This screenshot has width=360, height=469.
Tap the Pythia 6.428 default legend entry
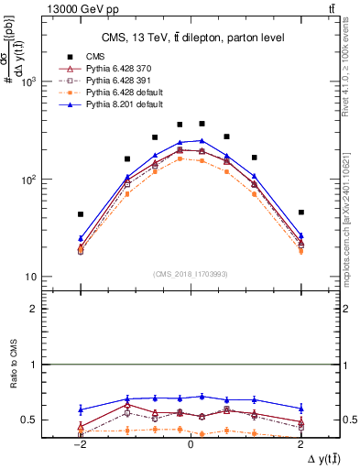[120, 93]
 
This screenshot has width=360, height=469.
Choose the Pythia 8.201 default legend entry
[120, 105]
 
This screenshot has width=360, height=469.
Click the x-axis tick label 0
[190, 442]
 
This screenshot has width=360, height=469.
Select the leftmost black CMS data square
[81, 214]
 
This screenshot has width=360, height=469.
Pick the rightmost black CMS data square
[300, 212]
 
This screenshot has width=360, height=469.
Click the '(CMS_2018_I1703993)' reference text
[190, 274]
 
